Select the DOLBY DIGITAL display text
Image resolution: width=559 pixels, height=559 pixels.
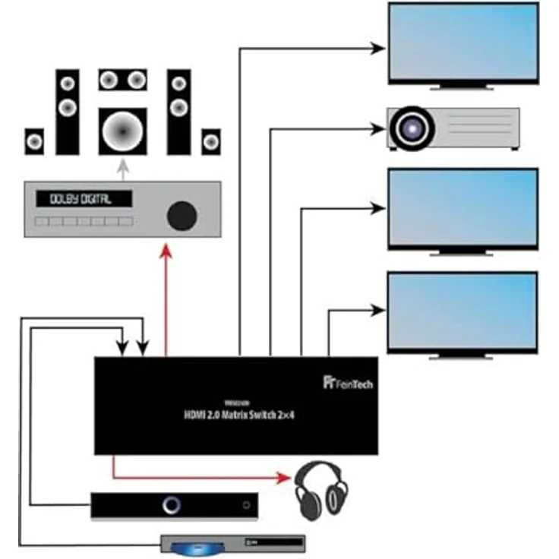81,199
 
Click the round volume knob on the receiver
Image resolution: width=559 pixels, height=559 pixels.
181,216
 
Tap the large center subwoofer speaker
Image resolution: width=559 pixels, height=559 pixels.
122,132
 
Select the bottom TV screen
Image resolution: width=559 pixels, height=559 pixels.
463,311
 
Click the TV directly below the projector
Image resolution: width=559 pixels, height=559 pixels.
463,207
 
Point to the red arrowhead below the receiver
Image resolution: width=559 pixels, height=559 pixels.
166,249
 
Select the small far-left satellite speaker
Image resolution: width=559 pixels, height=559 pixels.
34,141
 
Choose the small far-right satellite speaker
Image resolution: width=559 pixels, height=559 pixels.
211,141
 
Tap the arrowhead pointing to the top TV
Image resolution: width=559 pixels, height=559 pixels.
378,49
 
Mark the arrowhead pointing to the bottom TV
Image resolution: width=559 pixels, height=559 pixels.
377,309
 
